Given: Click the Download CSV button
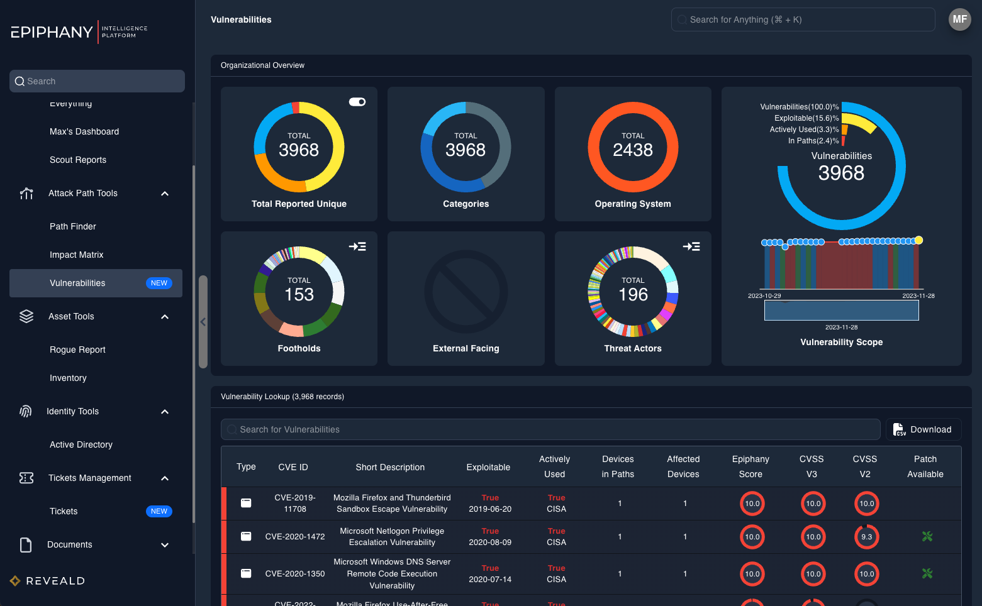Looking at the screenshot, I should point(923,429).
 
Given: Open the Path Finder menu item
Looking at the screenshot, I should point(73,226).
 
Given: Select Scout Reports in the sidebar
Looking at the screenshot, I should point(78,160).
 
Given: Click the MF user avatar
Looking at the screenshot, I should point(959,19).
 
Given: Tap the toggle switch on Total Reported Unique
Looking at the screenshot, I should point(357,102).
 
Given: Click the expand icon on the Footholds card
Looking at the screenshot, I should point(357,246).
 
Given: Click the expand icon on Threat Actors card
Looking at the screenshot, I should point(691,246).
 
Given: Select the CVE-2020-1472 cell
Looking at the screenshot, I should point(295,537).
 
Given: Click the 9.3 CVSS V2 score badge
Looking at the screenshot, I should point(866,537).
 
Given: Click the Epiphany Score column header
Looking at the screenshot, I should point(750,466).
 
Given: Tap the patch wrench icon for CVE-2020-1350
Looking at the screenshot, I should point(927,573).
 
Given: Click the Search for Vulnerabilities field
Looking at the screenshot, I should point(550,429).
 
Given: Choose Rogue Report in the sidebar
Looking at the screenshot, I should point(77,350).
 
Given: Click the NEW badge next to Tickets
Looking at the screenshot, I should point(159,511).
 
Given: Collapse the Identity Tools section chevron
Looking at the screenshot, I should point(165,412).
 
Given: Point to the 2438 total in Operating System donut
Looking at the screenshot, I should point(633,150).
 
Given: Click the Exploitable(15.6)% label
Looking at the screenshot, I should point(806,118).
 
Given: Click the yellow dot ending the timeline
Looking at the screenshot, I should point(918,240).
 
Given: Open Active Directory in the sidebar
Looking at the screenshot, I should point(81,444).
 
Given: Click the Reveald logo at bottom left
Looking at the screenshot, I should point(48,581).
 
